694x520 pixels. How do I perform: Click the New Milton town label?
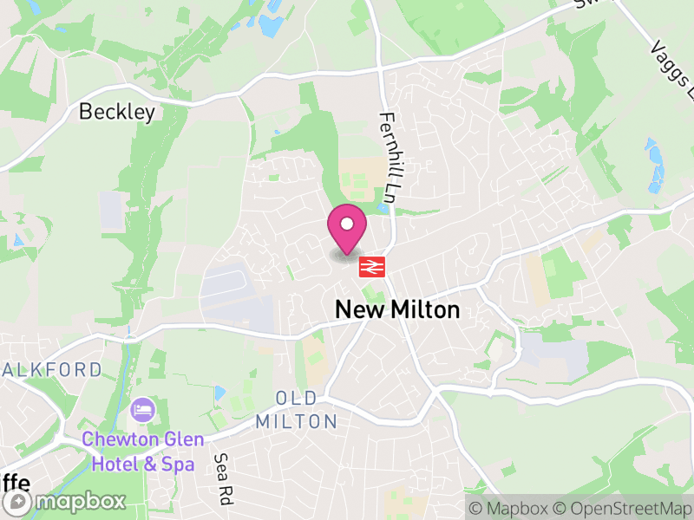tap(397, 309)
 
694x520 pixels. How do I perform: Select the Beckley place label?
tap(117, 112)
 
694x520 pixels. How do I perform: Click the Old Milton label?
tap(297, 410)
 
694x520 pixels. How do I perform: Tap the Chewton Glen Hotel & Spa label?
tap(139, 452)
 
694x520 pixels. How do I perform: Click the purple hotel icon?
tap(140, 408)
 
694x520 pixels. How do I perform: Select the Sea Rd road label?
tap(226, 479)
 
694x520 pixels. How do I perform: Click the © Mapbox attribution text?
tap(511, 508)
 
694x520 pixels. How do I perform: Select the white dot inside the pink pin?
tap(347, 224)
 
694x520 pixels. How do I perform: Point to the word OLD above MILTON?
tap(297, 399)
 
